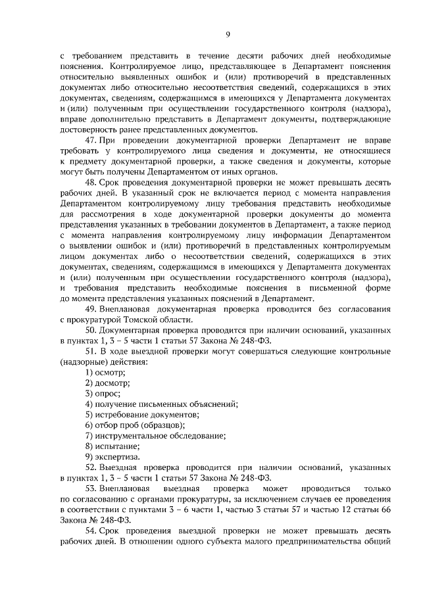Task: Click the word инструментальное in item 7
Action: pos(132,435)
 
